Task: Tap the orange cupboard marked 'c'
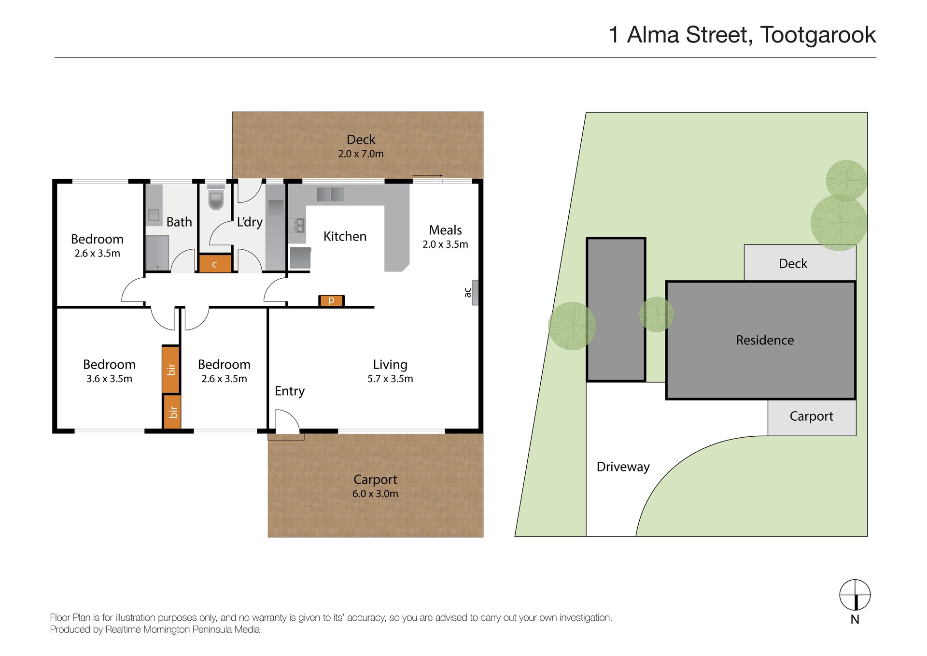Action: point(215,264)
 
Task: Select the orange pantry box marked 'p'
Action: point(331,300)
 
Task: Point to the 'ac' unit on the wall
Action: point(475,292)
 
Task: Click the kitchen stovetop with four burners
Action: point(297,225)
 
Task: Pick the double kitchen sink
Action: point(330,194)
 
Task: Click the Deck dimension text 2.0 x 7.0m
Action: point(361,154)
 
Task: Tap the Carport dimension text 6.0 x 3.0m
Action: point(375,494)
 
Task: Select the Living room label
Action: point(390,364)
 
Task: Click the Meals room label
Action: point(445,230)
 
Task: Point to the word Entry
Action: point(290,391)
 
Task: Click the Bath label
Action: point(179,222)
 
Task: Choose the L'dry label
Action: point(250,222)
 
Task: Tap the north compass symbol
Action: point(855,595)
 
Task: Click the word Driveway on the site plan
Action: point(623,467)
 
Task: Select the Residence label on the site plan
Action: point(765,340)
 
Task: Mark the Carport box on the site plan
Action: point(812,417)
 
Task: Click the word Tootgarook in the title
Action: point(818,35)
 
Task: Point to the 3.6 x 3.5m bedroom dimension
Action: point(109,379)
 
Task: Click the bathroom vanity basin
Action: point(154,214)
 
